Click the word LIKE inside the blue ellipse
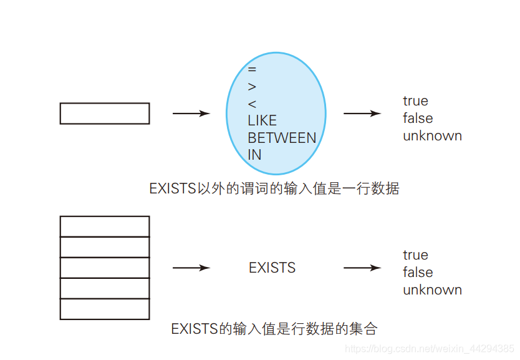(262, 120)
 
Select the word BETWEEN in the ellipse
(282, 138)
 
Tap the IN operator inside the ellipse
(254, 155)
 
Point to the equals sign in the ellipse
(252, 70)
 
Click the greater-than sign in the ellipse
(252, 87)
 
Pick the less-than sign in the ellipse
(252, 104)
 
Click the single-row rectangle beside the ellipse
(105, 114)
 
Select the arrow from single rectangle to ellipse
(191, 114)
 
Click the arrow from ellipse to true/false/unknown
(362, 114)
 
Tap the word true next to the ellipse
(415, 101)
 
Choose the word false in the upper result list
(418, 119)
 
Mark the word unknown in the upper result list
(432, 136)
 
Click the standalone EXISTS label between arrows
(272, 268)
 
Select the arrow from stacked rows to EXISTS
(191, 268)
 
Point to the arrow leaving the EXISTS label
(362, 268)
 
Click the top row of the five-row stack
(105, 226)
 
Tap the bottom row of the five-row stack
(105, 309)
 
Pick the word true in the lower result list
(415, 255)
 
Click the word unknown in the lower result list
(432, 290)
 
